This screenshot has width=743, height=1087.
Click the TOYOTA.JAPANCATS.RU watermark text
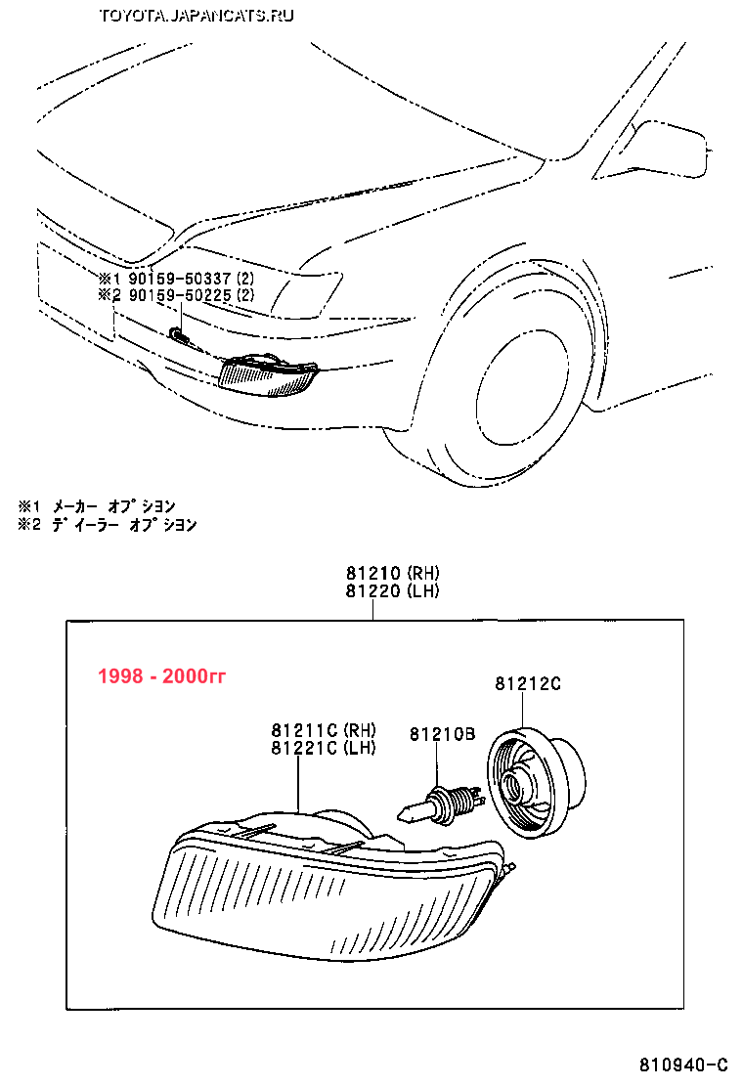pyautogui.click(x=196, y=15)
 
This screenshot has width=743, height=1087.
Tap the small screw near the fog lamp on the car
pyautogui.click(x=178, y=335)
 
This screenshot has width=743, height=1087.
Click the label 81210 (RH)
pyautogui.click(x=391, y=573)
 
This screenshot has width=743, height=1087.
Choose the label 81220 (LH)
pyautogui.click(x=391, y=590)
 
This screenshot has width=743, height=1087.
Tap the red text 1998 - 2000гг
pyautogui.click(x=161, y=676)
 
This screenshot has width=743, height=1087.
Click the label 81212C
pyautogui.click(x=527, y=684)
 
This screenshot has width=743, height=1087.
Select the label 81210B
pyautogui.click(x=442, y=733)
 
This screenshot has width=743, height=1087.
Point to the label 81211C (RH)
pyautogui.click(x=324, y=730)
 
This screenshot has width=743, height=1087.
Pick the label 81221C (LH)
pyautogui.click(x=324, y=748)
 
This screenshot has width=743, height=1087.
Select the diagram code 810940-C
pyautogui.click(x=684, y=1065)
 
